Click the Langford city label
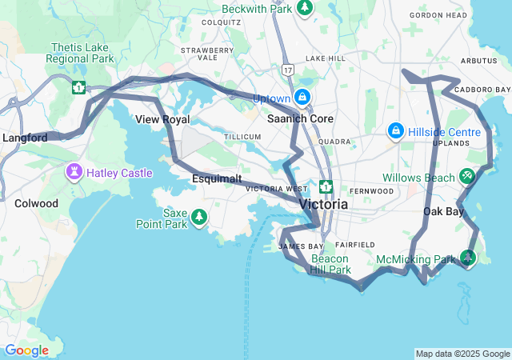[x=25, y=138]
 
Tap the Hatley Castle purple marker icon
[x=74, y=172]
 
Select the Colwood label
[x=36, y=203]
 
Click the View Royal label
[x=162, y=119]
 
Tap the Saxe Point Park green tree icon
[x=199, y=217]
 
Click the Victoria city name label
[x=323, y=204]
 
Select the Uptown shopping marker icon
[x=302, y=98]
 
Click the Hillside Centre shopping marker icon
[x=395, y=130]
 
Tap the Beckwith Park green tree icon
[x=305, y=7]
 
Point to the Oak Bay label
[x=443, y=212]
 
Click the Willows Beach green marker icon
[x=468, y=176]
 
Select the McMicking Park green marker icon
[x=468, y=258]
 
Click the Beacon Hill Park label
[x=330, y=264]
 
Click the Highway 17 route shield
[x=288, y=70]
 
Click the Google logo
[x=26, y=350]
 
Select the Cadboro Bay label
[x=482, y=89]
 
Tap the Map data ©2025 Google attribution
[x=462, y=354]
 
